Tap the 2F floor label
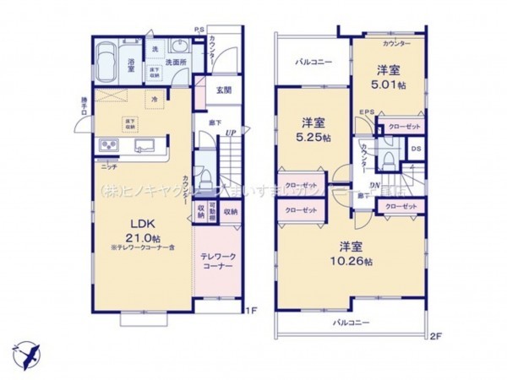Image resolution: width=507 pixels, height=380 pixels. (435, 336)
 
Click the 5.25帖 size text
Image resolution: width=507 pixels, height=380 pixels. (313, 137)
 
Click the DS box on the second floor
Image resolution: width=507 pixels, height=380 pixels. (416, 149)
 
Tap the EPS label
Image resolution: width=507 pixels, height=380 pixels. (367, 111)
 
